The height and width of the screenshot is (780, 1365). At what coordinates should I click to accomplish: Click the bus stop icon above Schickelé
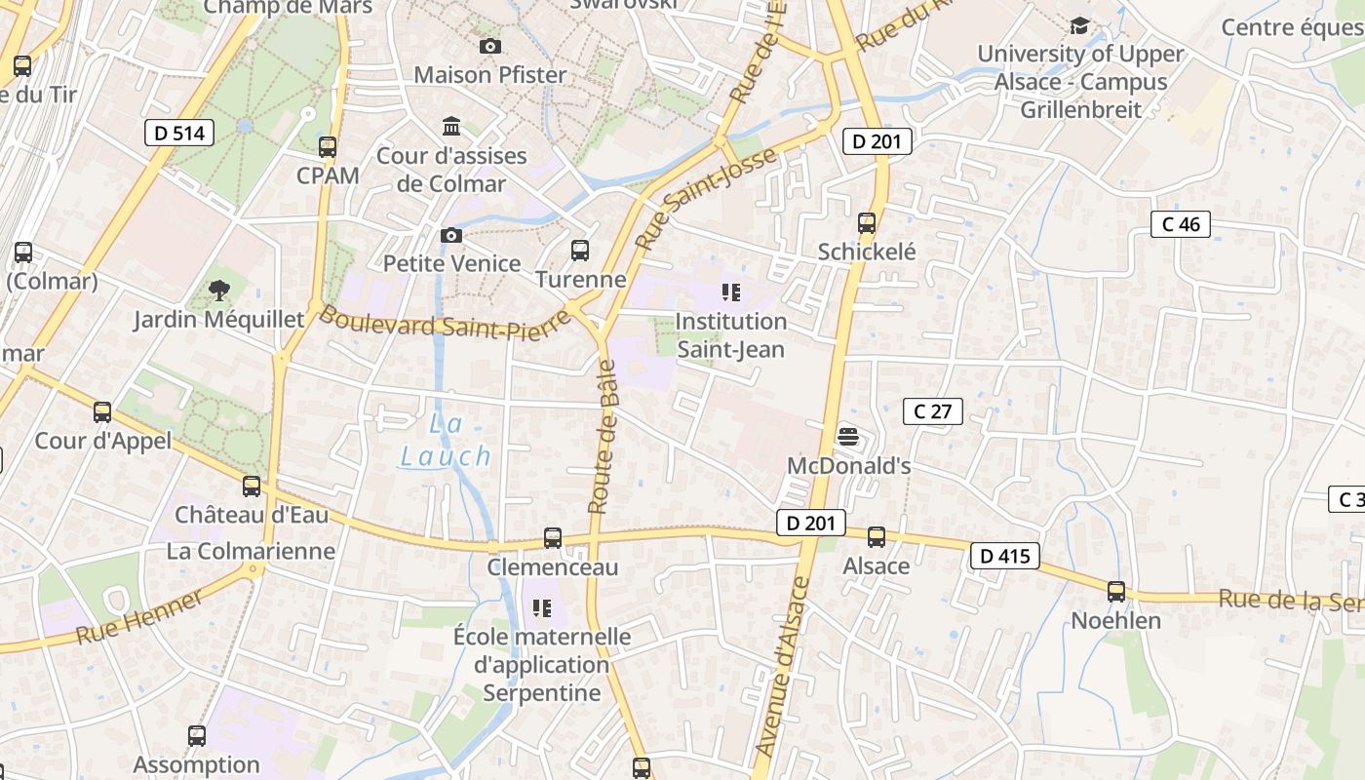pos(867,223)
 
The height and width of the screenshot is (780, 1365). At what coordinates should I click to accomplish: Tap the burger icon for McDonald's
pos(847,436)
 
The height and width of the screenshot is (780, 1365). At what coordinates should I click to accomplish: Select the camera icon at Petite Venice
pos(450,235)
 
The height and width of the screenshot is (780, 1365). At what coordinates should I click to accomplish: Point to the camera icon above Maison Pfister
pos(490,46)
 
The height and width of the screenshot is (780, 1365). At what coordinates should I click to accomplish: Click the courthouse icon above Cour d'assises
pos(451,127)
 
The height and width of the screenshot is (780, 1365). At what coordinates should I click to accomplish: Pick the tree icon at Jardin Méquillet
pos(218,290)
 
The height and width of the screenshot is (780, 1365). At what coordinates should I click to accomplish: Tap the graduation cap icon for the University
pos(1079,25)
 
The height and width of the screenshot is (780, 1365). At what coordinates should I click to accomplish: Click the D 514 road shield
pos(179,133)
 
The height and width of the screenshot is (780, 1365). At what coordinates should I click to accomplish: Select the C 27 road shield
pos(932,411)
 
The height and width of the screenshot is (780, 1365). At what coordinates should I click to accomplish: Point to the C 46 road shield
pos(1181,224)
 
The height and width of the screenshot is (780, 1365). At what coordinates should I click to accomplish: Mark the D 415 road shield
pos(1004,557)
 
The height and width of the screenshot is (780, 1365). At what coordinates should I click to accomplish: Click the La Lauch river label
pos(446,440)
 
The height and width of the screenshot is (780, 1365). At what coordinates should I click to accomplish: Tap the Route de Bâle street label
pos(604,437)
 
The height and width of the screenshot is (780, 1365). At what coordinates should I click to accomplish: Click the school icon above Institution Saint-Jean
pos(731,292)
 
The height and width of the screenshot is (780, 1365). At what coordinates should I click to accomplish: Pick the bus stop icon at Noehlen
pos(1116,592)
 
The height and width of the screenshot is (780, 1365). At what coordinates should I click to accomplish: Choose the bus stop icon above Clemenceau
pos(553,538)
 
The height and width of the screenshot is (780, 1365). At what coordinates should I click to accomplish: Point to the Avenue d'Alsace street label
pos(784,667)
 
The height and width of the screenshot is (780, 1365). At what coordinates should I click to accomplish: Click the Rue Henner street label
pos(140,617)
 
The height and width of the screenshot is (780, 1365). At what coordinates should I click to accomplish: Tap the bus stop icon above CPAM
pos(328,148)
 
